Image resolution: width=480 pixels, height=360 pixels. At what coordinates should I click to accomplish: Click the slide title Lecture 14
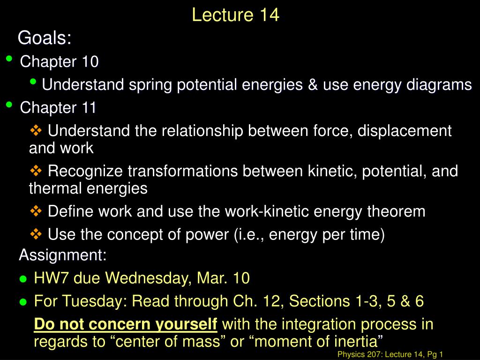(x=235, y=15)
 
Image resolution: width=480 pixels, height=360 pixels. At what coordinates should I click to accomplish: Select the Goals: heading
(x=45, y=38)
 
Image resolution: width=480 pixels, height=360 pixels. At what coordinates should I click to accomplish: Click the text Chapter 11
(x=58, y=108)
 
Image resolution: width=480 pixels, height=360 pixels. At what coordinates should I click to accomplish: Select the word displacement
(x=405, y=131)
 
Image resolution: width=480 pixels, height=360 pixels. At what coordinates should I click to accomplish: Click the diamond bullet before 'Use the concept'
(x=36, y=233)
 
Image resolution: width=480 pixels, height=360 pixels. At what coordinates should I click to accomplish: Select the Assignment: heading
(x=63, y=255)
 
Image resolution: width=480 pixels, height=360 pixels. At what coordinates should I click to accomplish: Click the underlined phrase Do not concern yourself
(x=126, y=324)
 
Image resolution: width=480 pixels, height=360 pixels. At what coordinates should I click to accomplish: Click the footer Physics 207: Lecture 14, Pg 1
(x=390, y=355)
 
